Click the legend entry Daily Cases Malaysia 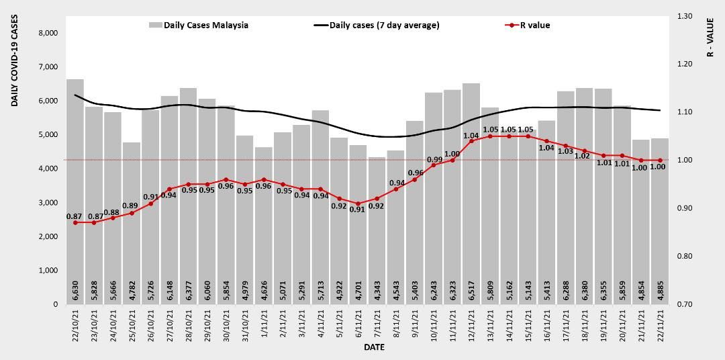coord(199,26)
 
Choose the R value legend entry coord(528,26)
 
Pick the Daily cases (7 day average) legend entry coord(377,26)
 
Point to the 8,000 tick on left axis coord(48,33)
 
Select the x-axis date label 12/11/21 coord(471,325)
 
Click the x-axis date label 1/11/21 coord(264,323)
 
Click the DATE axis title coord(374,348)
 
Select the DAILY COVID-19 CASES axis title coord(14,64)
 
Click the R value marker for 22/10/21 coord(75,222)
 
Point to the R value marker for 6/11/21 coord(358,204)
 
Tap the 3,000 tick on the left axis coord(48,203)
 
